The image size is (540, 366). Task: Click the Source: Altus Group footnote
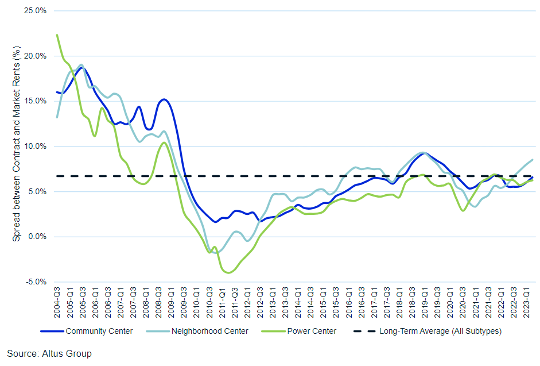(x=49, y=353)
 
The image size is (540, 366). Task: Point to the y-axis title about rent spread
(x=17, y=146)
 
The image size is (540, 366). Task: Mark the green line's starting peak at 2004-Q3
(x=57, y=34)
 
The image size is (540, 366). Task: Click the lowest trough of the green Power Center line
(x=228, y=272)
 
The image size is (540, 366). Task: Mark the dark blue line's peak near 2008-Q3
(x=164, y=99)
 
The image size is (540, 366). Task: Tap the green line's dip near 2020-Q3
(x=463, y=211)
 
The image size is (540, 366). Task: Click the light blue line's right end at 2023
(x=533, y=160)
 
